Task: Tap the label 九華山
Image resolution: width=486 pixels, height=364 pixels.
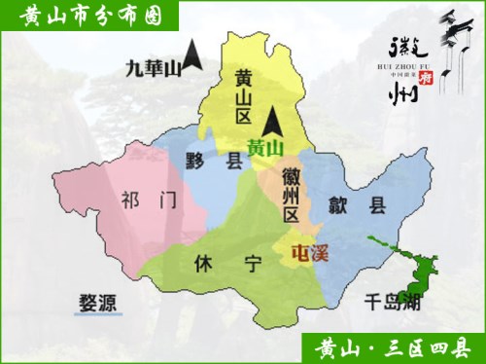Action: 154,68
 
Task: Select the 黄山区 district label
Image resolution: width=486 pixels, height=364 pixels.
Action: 242,97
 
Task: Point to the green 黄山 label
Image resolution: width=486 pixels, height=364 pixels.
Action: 264,149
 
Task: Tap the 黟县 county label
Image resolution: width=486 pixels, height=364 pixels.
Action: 214,162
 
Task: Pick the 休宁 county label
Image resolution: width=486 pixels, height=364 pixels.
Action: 226,263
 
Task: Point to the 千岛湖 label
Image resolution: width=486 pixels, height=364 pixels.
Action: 391,301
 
